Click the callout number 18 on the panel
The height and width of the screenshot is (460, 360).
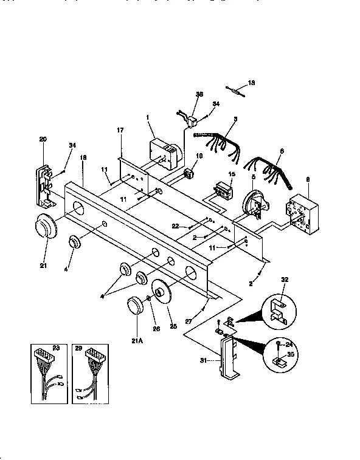coord(83,157)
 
